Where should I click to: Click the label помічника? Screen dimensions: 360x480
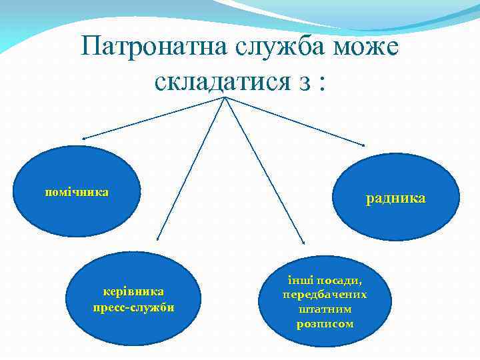77,192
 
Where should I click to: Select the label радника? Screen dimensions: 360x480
395,198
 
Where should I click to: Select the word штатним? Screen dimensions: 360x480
325,309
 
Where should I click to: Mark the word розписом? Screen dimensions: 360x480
325,324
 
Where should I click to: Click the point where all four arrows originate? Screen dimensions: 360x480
225,98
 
